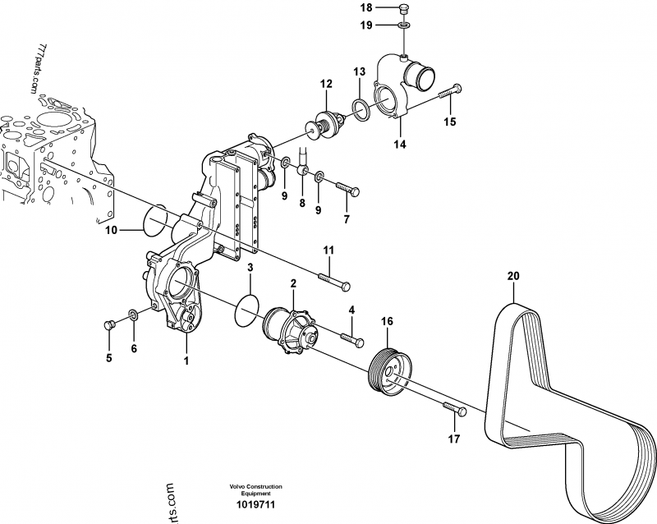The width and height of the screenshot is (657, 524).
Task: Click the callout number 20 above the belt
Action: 513,277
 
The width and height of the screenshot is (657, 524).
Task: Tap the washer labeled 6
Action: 133,315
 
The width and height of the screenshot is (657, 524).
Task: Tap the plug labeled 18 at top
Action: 402,9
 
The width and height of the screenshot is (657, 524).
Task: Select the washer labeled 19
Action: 405,26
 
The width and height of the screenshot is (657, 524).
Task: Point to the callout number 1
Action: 186,360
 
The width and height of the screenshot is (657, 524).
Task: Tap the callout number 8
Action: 301,202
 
